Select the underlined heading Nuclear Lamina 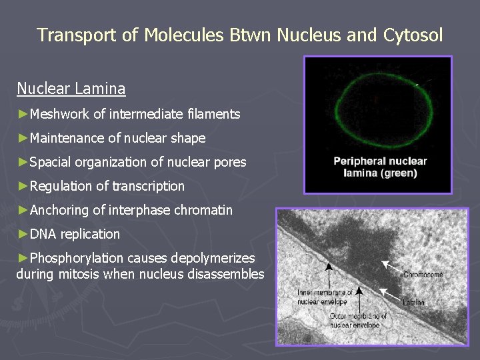71,88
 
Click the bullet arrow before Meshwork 23,115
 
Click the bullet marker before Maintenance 23,139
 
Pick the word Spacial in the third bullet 51,163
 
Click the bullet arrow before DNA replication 23,235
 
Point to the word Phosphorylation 77,259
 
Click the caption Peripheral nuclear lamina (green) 380,167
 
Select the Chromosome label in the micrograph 423,275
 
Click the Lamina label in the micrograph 413,302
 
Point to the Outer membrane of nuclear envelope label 358,320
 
